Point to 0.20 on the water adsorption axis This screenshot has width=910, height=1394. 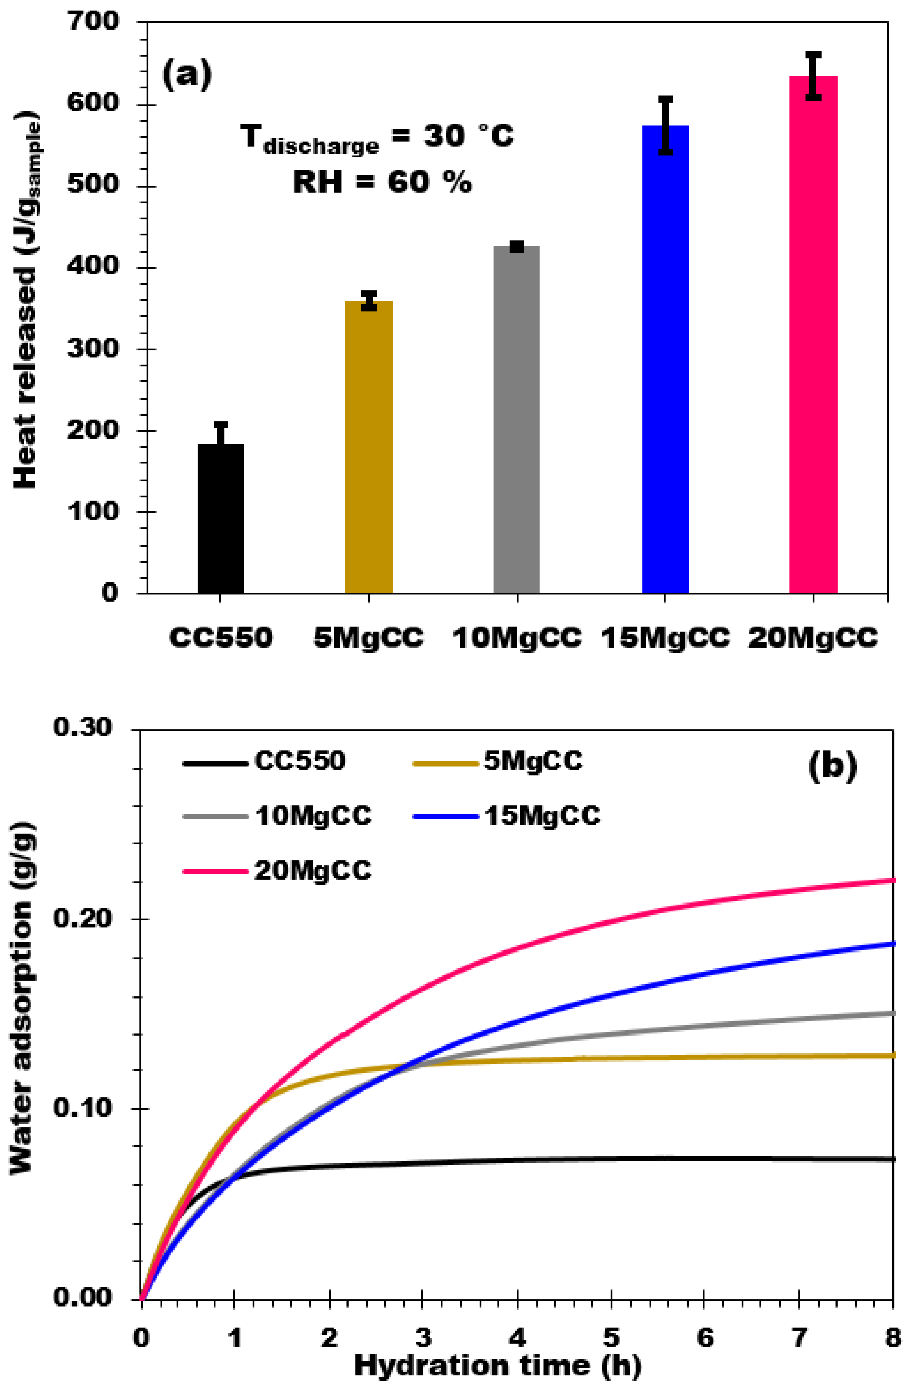click(82, 918)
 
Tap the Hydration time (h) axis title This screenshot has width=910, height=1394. click(498, 1366)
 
